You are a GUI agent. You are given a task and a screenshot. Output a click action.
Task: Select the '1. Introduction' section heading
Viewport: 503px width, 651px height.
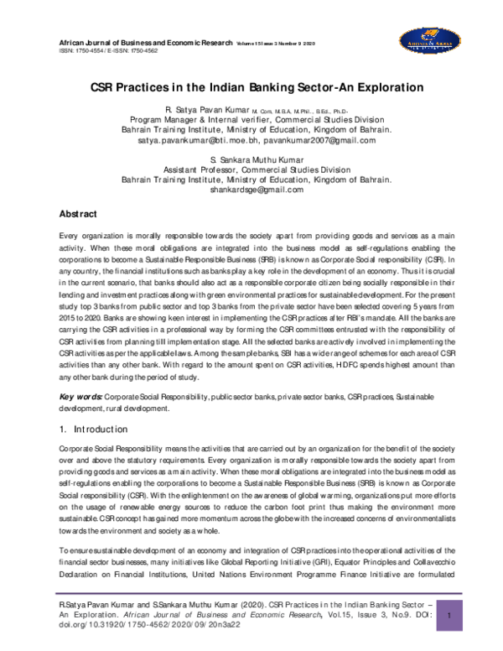93,429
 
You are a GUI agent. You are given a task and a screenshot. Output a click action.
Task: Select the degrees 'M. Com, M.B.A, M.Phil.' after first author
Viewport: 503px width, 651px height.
314,112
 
